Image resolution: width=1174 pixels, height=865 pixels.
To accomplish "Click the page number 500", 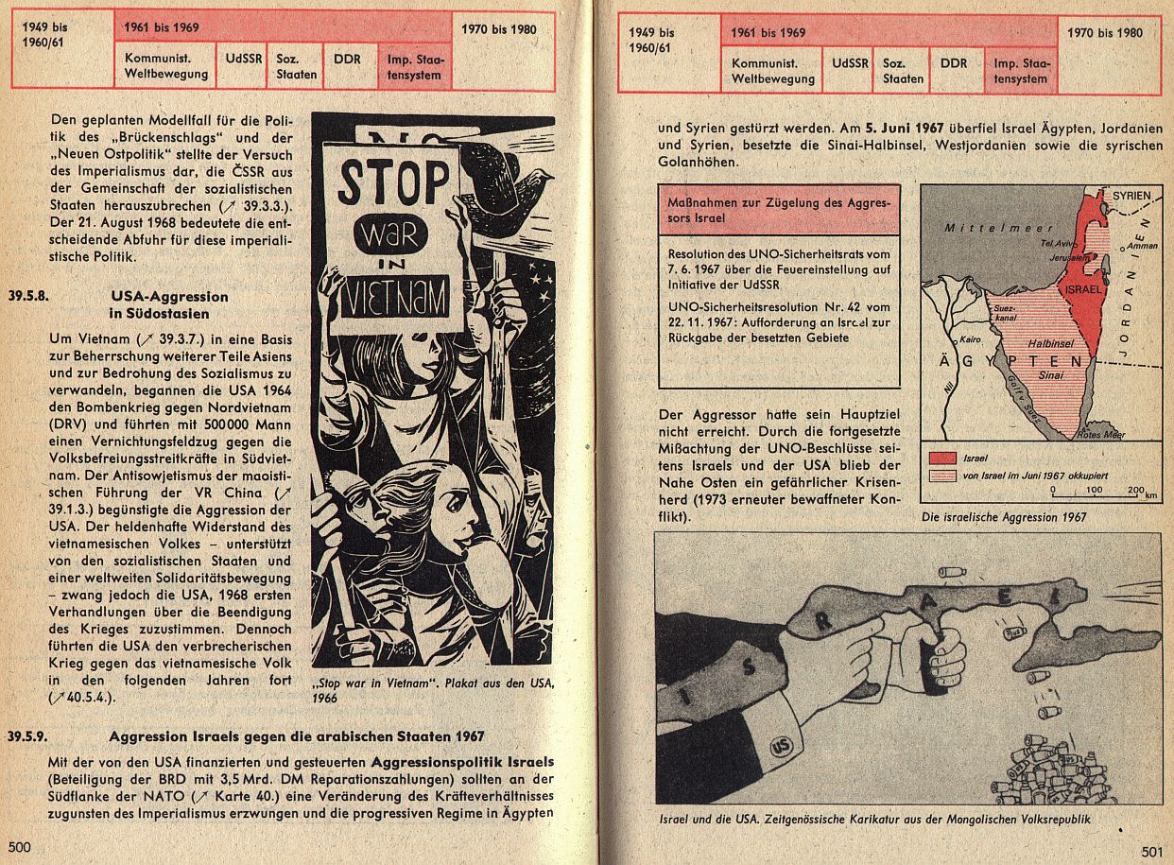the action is [x=20, y=847].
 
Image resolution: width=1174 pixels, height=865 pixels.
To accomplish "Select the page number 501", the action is [x=1152, y=852].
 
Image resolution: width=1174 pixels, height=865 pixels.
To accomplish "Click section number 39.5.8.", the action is [x=28, y=296].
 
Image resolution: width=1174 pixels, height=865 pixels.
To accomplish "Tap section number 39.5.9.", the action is [x=27, y=736].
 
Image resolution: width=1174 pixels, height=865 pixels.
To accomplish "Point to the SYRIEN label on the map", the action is [x=1131, y=196].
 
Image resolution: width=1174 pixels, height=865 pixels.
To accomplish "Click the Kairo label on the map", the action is [x=970, y=339].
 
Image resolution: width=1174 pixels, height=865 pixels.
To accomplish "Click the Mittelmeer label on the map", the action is [x=998, y=228].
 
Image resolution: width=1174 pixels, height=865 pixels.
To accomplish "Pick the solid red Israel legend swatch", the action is [x=942, y=458].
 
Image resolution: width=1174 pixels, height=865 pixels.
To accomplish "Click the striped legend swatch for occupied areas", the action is [x=942, y=476].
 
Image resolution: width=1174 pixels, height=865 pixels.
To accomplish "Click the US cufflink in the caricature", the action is [x=781, y=746].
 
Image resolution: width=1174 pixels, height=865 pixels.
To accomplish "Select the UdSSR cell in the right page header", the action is [x=849, y=70].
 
